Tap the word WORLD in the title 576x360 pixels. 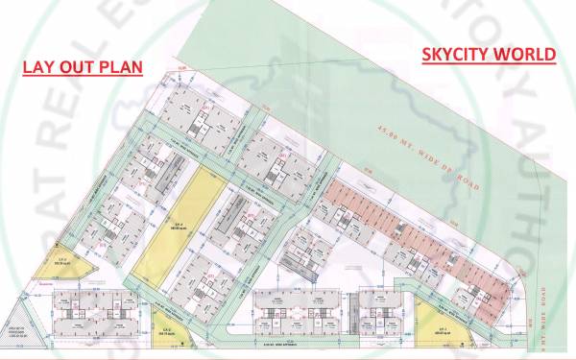click(526, 54)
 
